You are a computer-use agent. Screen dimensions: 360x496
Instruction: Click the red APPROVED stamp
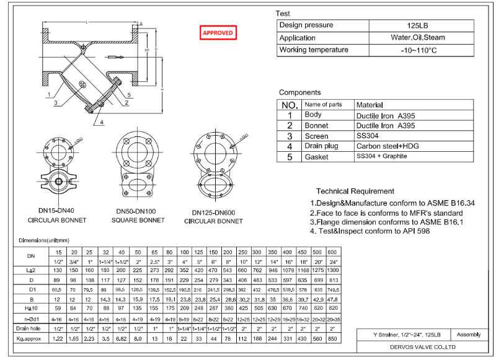(x=218, y=33)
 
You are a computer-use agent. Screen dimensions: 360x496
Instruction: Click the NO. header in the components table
(x=290, y=105)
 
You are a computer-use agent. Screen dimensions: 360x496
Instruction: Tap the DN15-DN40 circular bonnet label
(x=57, y=211)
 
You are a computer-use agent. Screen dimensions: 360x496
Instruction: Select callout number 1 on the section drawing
(x=47, y=95)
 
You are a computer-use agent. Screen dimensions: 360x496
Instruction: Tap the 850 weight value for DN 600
(x=332, y=339)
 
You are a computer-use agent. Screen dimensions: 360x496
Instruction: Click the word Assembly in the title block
(x=468, y=334)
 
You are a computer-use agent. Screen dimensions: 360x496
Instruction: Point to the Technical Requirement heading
(x=355, y=191)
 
